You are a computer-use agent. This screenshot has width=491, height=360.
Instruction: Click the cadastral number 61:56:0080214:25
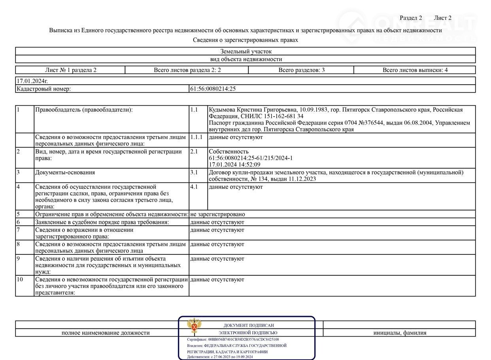click(213, 89)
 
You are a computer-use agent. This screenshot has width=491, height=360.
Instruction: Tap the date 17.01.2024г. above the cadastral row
click(32, 81)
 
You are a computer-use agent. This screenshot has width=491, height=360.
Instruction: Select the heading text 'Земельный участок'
click(246, 51)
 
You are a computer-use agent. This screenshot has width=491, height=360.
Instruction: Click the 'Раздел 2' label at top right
click(411, 18)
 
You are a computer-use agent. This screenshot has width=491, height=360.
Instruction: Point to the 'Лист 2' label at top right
click(442, 18)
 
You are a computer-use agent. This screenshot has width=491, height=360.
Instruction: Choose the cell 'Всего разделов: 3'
click(301, 70)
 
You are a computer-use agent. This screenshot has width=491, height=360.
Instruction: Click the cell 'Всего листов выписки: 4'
click(415, 70)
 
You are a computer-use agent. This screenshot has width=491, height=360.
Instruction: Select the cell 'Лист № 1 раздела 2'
click(71, 70)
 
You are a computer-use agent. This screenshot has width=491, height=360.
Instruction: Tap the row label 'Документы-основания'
click(65, 172)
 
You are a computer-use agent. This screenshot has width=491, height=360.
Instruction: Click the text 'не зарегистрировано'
click(217, 214)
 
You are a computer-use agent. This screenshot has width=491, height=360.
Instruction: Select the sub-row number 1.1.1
click(196, 137)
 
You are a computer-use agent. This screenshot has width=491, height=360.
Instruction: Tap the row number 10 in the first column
click(20, 280)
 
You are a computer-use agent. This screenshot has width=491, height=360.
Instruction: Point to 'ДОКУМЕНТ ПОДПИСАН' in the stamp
click(248, 325)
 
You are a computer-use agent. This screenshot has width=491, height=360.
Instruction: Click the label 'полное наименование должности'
click(106, 333)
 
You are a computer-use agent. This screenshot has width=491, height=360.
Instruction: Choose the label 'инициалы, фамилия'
click(400, 333)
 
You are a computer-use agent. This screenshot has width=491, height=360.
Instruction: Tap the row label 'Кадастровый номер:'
click(43, 89)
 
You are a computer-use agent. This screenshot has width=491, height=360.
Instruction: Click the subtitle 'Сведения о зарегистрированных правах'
click(245, 40)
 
